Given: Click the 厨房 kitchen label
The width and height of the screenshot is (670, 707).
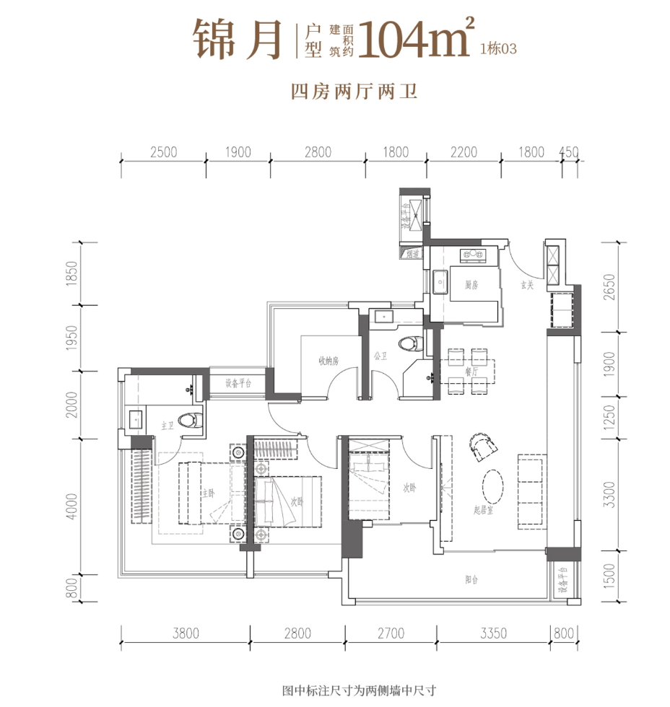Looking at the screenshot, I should point(471,286).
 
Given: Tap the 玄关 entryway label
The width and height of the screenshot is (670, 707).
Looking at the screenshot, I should point(527,286).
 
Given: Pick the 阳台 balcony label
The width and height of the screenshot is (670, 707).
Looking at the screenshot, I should point(472,579).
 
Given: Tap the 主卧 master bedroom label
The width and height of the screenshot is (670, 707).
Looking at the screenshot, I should point(209,493).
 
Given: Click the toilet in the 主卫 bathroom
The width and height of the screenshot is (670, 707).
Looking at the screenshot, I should point(191,421).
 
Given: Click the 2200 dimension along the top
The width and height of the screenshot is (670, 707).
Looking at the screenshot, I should point(464,151).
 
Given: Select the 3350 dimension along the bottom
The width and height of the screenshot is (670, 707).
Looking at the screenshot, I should point(494,633).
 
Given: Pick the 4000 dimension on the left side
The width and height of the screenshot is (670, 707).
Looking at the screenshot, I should point(69,506).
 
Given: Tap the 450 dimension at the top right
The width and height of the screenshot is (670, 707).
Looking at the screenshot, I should point(570,151).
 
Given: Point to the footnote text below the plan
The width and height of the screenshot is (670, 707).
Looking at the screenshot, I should point(360,691).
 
